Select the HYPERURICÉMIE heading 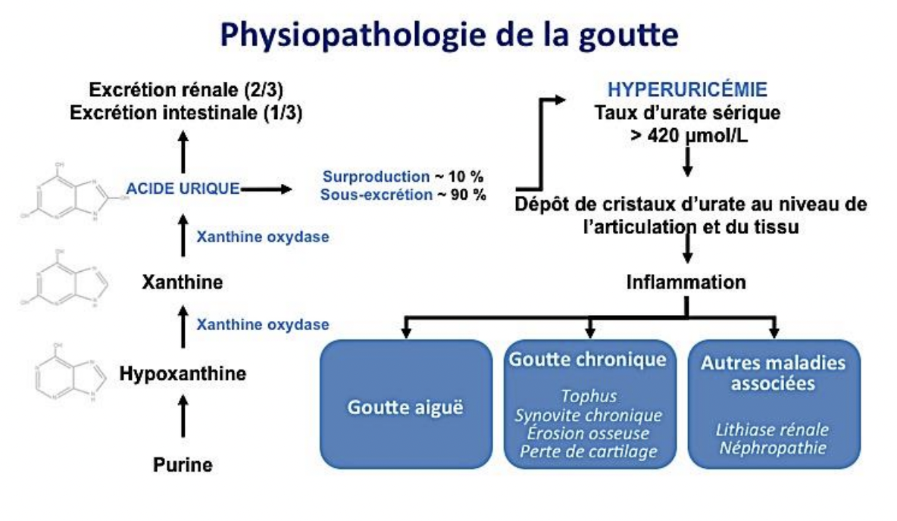[688, 90]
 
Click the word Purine [183, 464]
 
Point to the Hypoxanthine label [183, 373]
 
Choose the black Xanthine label [183, 283]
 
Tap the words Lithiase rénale [773, 429]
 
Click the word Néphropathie [773, 448]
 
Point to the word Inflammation [686, 282]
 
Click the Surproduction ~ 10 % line [403, 176]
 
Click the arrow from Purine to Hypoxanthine [183, 417]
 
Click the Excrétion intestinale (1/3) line [182, 112]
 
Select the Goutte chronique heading [588, 359]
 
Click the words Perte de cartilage [589, 452]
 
